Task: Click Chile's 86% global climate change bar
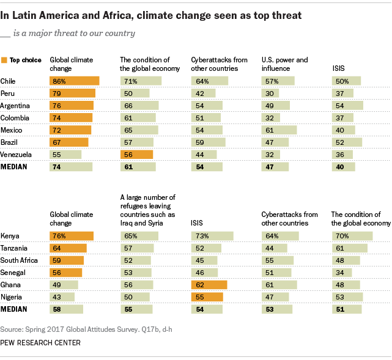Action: [74, 81]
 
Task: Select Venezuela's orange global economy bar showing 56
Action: [136, 155]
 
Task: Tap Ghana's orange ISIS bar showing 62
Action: [209, 284]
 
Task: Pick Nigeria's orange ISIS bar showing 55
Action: [207, 296]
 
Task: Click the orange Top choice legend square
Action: [5, 61]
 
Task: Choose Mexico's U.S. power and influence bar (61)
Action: [279, 130]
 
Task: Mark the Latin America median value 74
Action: [57, 167]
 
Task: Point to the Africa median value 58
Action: [57, 309]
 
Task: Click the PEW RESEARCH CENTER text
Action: [40, 343]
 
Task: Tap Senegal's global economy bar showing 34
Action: [341, 272]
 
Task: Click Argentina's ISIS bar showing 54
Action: [347, 105]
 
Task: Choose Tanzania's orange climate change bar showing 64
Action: [68, 248]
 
